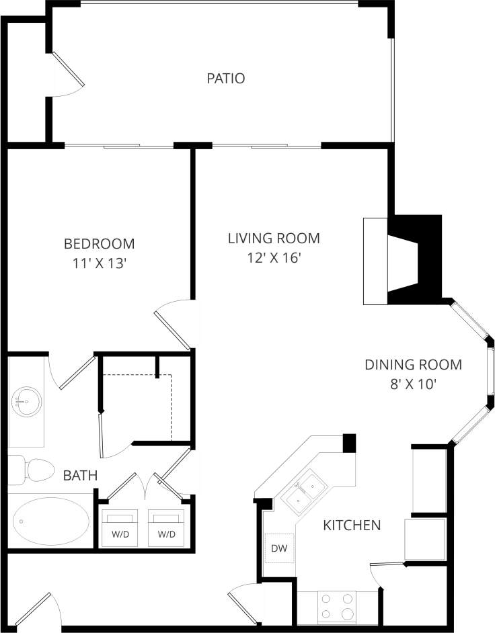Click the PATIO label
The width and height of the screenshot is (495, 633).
pyautogui.click(x=225, y=79)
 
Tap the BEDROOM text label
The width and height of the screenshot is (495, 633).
pyautogui.click(x=99, y=243)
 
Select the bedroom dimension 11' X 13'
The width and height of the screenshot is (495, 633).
pyautogui.click(x=99, y=263)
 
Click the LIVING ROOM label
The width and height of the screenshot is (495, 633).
pyautogui.click(x=273, y=238)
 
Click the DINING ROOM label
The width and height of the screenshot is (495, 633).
pyautogui.click(x=413, y=365)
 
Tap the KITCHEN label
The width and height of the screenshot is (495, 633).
pyautogui.click(x=352, y=525)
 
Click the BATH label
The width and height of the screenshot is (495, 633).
pyautogui.click(x=80, y=476)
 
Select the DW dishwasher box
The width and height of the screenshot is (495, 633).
pyautogui.click(x=278, y=548)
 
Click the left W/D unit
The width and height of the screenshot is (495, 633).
pyautogui.click(x=119, y=527)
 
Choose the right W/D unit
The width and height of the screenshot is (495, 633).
pyautogui.click(x=166, y=527)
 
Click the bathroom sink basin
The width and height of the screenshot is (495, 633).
pyautogui.click(x=26, y=403)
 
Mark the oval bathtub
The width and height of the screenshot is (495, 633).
pyautogui.click(x=51, y=521)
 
